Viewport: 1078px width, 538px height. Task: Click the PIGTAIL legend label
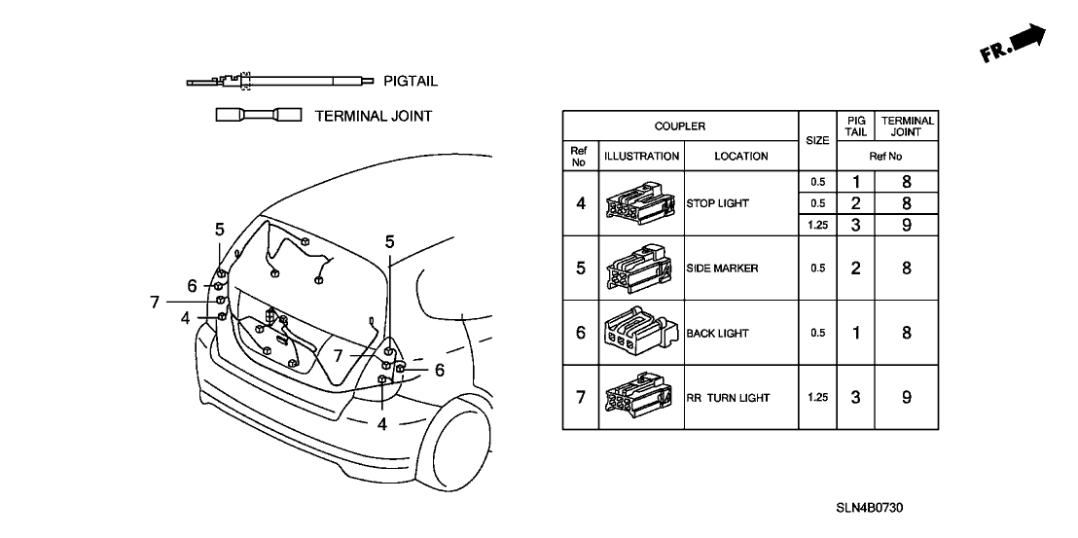coord(411,82)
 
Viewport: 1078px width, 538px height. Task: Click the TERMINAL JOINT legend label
coord(374,116)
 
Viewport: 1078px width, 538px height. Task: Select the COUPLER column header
coord(679,126)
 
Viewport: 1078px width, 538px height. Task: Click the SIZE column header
coord(818,141)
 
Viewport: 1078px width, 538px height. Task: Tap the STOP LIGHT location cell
coord(717,204)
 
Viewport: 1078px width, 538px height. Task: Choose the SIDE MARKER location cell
coord(722,269)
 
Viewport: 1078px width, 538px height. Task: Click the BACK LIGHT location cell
coord(717,333)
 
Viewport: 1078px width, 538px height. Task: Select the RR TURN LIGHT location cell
coord(727,398)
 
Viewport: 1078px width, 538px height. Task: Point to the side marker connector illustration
coord(639,269)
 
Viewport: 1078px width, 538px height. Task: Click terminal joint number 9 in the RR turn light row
coord(906,398)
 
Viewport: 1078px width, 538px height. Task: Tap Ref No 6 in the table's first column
coord(581,333)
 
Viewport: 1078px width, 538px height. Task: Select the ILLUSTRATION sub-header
coord(642,156)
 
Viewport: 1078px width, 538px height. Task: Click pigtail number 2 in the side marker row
coord(855,269)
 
